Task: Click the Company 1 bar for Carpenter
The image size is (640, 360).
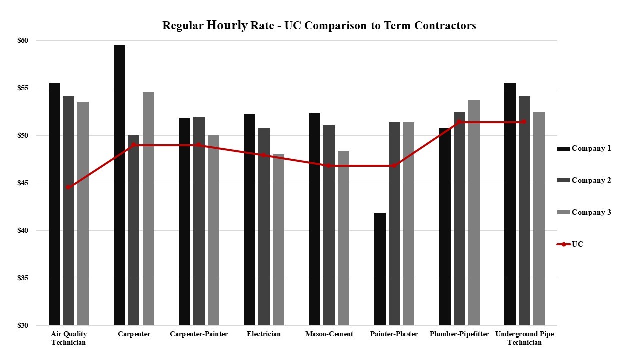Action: (x=119, y=185)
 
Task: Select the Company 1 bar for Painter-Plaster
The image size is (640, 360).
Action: (x=380, y=269)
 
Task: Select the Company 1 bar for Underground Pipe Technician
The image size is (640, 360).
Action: (x=510, y=204)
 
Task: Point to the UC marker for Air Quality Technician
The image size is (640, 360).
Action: (x=68, y=187)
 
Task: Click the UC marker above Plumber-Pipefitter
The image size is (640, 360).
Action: (x=459, y=122)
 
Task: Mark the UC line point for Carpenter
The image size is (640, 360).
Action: (x=134, y=145)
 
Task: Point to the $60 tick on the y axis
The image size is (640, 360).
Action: (x=37, y=40)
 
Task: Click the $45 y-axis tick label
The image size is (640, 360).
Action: (x=37, y=183)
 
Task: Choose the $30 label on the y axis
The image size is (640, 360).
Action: (x=37, y=325)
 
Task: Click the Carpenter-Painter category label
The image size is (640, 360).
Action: (x=199, y=334)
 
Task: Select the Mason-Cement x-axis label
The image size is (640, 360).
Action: (x=329, y=334)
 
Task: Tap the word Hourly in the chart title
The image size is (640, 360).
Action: (x=227, y=25)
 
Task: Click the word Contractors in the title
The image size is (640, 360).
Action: (x=445, y=26)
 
